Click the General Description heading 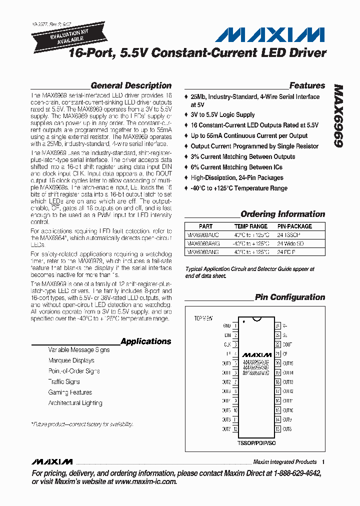coord(131,85)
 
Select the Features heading coord(307,85)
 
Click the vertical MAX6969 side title coord(338,115)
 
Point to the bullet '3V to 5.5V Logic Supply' coord(222,114)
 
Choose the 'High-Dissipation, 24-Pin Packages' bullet coord(236,177)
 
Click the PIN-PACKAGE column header coord(294,226)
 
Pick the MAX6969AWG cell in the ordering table coord(202,243)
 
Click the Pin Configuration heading coord(290,297)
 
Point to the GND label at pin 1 coord(226,325)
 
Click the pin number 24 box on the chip coord(278,325)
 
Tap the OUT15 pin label coord(288,363)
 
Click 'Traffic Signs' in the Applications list coord(64,381)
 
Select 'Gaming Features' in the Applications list coord(70,392)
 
